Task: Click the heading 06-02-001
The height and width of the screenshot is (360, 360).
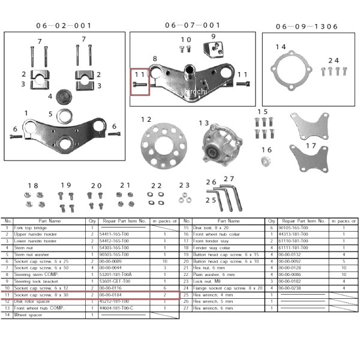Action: pyautogui.click(x=64, y=26)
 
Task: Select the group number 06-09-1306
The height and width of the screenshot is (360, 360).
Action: pyautogui.click(x=307, y=26)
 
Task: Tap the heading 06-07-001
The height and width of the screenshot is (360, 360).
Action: pyautogui.click(x=193, y=25)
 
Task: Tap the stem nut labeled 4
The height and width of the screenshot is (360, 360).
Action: pyautogui.click(x=64, y=97)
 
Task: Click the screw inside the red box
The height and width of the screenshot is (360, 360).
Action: pyautogui.click(x=139, y=86)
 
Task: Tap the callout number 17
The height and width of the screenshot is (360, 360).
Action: pyautogui.click(x=310, y=145)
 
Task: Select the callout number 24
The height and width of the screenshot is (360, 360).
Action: pyautogui.click(x=333, y=61)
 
